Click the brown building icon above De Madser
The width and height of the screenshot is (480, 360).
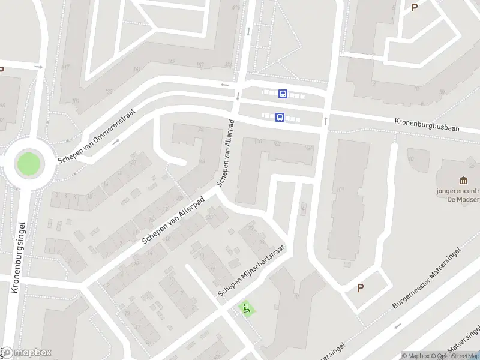[463, 181]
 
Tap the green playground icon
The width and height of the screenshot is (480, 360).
[246, 309]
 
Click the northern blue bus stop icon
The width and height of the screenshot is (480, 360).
[283, 94]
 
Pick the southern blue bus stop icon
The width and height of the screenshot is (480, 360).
[280, 118]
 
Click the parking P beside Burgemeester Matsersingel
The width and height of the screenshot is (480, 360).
[360, 288]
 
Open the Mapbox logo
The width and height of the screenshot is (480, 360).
[26, 353]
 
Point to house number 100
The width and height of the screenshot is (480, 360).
[259, 142]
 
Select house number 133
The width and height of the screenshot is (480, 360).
[109, 92]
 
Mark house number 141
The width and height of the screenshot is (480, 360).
[137, 70]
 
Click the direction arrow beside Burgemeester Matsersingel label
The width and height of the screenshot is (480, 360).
[398, 326]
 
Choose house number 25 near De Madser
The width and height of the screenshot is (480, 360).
[411, 159]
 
